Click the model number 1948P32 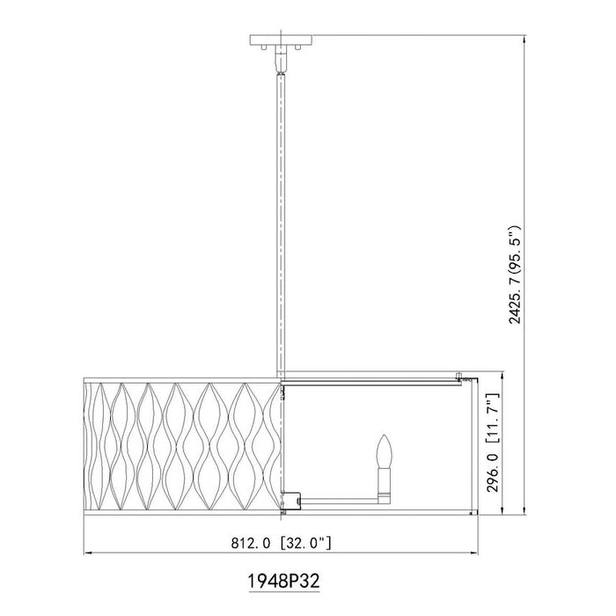coord(282,583)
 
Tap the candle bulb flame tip coord(385,437)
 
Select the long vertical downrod coord(282,220)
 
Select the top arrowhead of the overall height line coord(526,39)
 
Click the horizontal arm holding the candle coord(339,498)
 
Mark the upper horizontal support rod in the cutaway coord(370,381)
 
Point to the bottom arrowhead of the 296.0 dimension coord(501,510)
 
